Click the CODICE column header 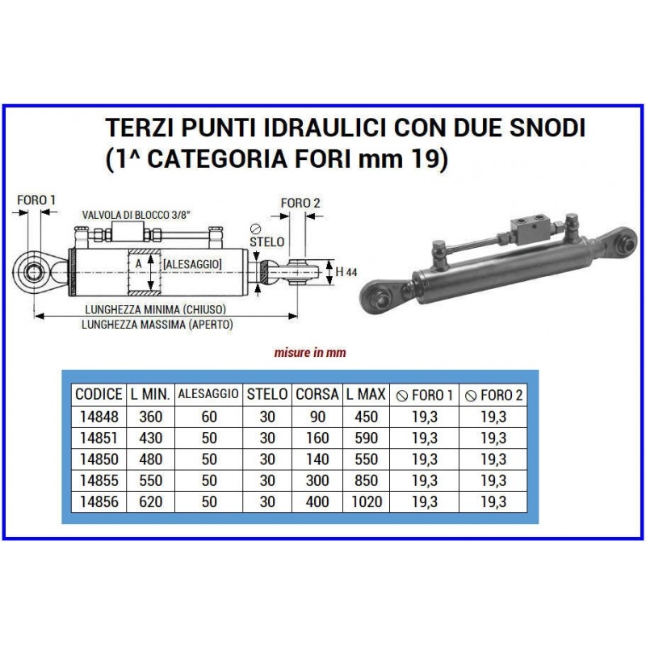pyautogui.click(x=99, y=394)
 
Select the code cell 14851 pyautogui.click(x=99, y=438)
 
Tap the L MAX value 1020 pyautogui.click(x=367, y=501)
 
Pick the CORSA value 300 pyautogui.click(x=317, y=480)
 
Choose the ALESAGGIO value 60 pyautogui.click(x=209, y=417)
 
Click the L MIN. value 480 pyautogui.click(x=151, y=459)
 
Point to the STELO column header pyautogui.click(x=267, y=394)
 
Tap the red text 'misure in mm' pyautogui.click(x=310, y=353)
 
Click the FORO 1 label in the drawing pyautogui.click(x=36, y=200)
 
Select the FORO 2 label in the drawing pyautogui.click(x=300, y=203)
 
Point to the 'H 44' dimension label pyautogui.click(x=346, y=272)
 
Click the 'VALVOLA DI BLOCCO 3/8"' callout pyautogui.click(x=136, y=215)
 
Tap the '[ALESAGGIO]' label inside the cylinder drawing pyautogui.click(x=192, y=264)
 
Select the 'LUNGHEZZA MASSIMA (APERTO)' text pyautogui.click(x=157, y=325)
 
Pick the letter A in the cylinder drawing pyautogui.click(x=138, y=264)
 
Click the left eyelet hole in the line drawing pyautogui.click(x=32, y=272)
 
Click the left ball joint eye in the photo pyautogui.click(x=378, y=297)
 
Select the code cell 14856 pyautogui.click(x=99, y=501)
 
